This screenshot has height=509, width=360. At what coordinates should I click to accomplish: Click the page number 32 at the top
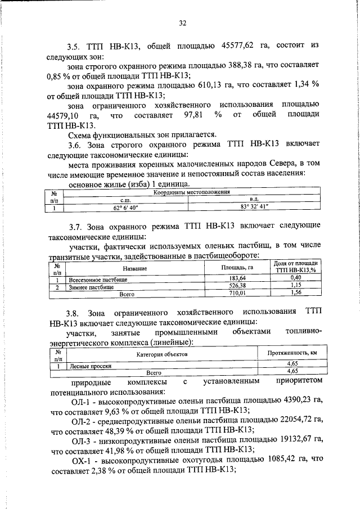coord(182,23)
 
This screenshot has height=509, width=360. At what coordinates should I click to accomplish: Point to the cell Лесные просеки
coord(89,365)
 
